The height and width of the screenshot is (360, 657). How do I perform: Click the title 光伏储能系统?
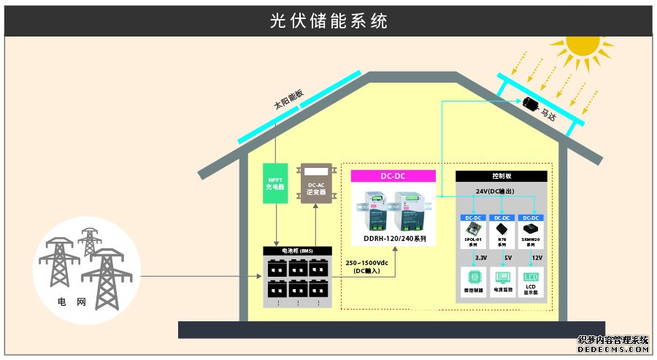click(328, 21)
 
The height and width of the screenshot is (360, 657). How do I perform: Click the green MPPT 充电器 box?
click(275, 182)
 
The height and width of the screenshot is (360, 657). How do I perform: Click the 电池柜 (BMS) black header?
click(297, 251)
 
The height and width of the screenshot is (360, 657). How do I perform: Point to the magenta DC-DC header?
click(393, 176)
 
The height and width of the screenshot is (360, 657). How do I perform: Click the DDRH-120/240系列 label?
click(393, 239)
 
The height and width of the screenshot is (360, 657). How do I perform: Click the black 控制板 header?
click(501, 176)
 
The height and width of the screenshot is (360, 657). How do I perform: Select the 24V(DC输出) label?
click(501, 191)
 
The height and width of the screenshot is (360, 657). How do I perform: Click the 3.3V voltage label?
click(481, 258)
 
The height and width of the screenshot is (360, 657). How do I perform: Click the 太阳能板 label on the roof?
click(288, 99)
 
